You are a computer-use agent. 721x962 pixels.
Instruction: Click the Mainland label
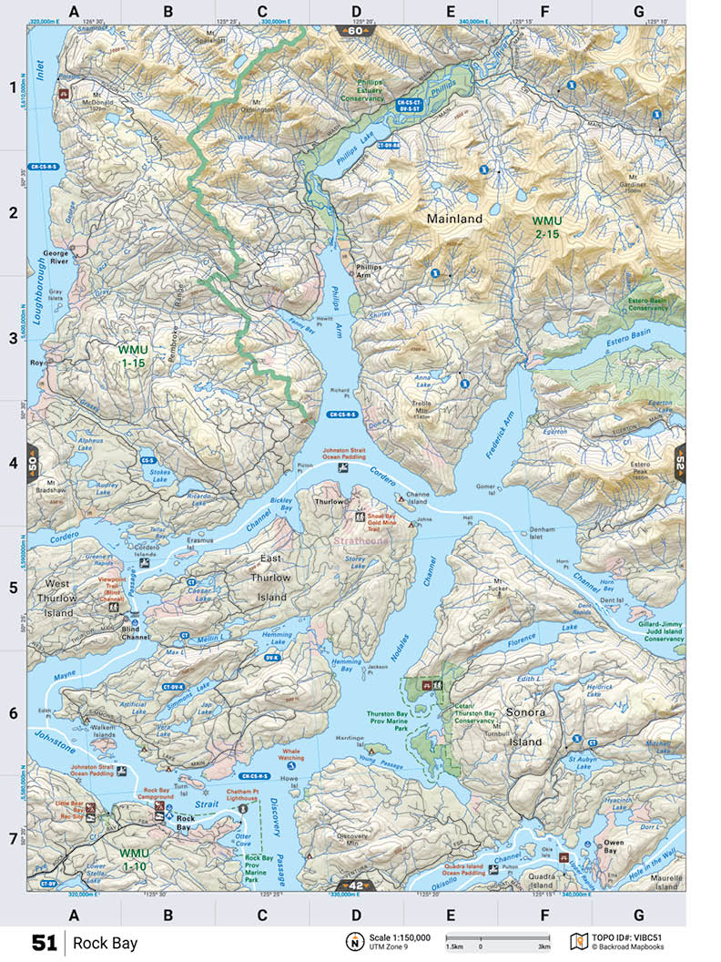point(454,220)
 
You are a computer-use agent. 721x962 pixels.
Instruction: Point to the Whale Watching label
point(291,752)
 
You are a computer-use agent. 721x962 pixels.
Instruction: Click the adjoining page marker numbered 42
point(354,885)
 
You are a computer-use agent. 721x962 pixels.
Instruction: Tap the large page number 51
point(45,942)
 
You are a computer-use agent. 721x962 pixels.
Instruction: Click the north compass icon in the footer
point(352,942)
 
